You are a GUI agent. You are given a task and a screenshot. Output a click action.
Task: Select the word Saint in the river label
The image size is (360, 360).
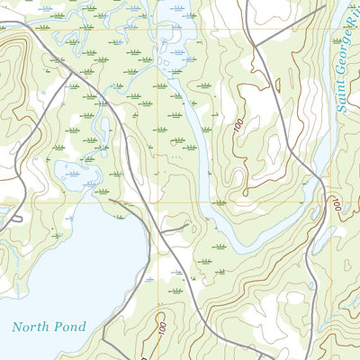pyautogui.click(x=343, y=97)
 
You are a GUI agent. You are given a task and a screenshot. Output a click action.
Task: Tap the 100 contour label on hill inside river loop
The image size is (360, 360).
pyautogui.click(x=238, y=128)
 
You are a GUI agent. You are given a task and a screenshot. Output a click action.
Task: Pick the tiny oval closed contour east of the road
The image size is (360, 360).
pyautogui.click(x=278, y=86)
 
